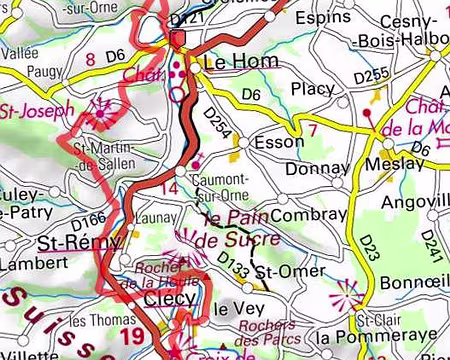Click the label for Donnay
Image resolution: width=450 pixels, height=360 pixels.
point(317,169)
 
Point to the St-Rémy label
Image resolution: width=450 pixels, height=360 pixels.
point(69,242)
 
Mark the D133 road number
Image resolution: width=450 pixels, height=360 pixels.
point(232,262)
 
